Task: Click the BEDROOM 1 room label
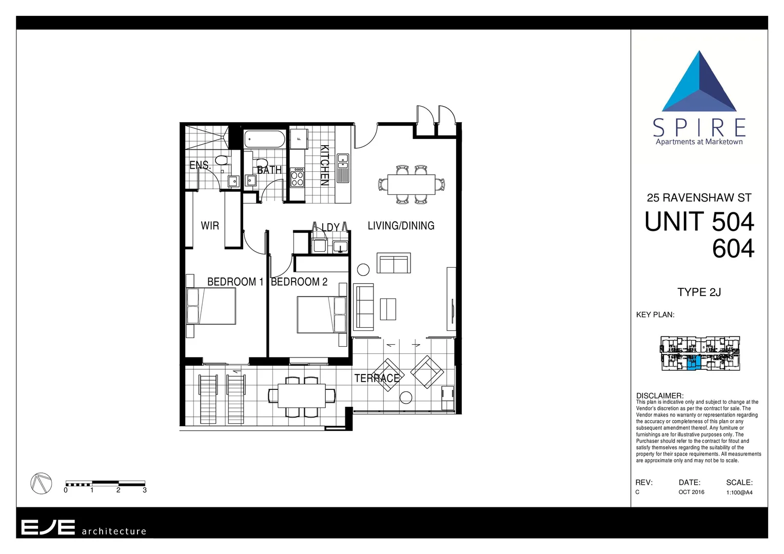[x=235, y=282]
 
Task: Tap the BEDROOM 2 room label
[x=299, y=282]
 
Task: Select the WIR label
[x=209, y=226]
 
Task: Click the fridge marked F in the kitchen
[x=299, y=138]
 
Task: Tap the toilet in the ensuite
[x=221, y=161]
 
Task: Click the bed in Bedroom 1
[x=211, y=306]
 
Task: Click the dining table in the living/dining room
[x=411, y=184]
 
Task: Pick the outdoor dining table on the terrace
[x=302, y=396]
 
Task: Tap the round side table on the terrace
[x=406, y=397]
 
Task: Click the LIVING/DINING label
[x=401, y=226]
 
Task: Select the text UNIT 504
[x=699, y=222]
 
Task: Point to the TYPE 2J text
[x=699, y=292]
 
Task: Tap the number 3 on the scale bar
[x=145, y=490]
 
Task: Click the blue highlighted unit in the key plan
[x=692, y=363]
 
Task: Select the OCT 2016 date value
[x=691, y=492]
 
